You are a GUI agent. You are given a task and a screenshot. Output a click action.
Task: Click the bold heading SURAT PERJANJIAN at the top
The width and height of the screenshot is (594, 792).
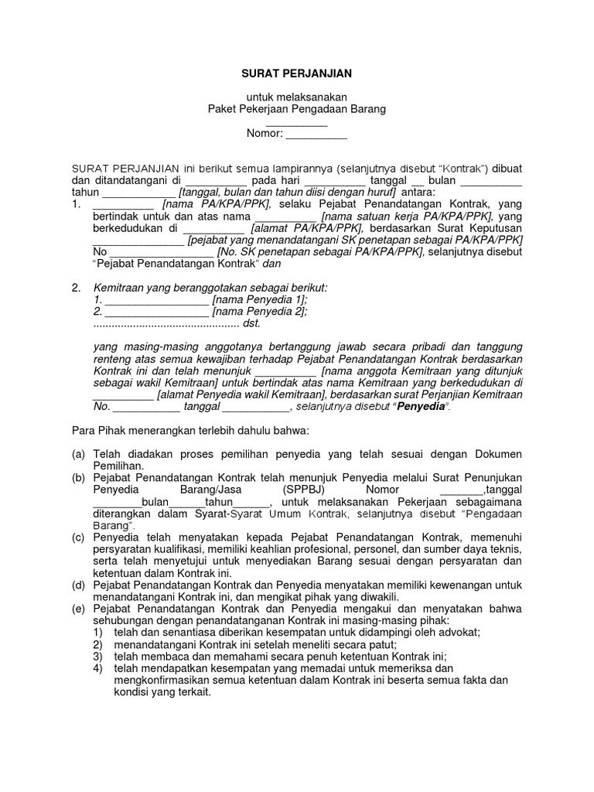[x=297, y=73]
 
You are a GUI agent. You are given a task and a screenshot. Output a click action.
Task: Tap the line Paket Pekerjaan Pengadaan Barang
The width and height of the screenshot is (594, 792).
[x=297, y=110]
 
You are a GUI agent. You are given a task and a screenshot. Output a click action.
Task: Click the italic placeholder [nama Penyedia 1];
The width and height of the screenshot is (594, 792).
[x=260, y=299]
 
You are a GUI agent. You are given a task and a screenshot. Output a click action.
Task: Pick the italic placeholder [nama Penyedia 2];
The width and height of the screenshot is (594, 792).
[x=260, y=312]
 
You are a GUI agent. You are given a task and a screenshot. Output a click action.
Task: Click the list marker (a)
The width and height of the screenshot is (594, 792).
[x=78, y=454]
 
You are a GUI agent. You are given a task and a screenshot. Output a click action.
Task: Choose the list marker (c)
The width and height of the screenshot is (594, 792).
[x=78, y=537]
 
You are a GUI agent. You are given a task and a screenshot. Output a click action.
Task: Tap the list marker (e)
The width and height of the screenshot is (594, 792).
[x=78, y=609]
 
